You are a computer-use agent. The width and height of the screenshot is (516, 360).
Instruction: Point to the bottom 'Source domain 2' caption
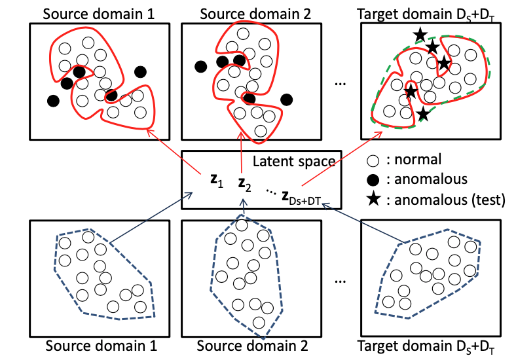(253, 346)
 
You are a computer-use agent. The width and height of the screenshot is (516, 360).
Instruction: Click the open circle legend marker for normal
(373, 159)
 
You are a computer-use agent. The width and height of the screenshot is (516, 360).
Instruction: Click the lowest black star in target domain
(424, 115)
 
